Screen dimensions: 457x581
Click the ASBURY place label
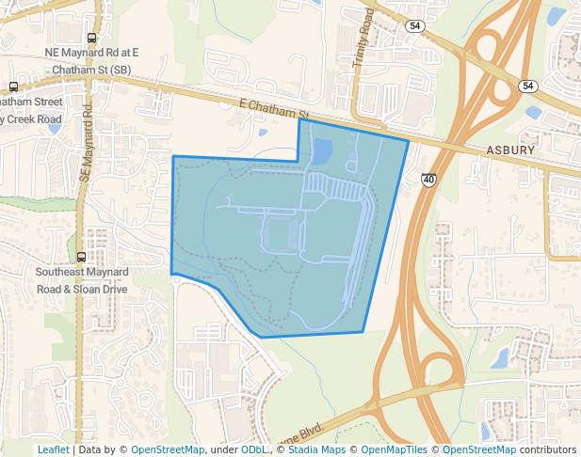511,150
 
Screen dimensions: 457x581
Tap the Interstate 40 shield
428,179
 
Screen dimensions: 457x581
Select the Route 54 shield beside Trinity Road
414,26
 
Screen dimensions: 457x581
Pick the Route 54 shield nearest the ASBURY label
527,86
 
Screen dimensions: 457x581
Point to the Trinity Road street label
363,39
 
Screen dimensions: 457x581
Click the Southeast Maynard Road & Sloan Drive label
81,280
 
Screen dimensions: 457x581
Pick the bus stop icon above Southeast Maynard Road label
82,256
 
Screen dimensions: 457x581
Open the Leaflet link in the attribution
53,449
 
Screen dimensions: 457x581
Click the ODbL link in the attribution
253,449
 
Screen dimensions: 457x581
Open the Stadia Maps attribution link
317,449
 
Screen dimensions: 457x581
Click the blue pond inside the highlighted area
322,150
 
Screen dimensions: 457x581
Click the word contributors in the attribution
547,449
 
